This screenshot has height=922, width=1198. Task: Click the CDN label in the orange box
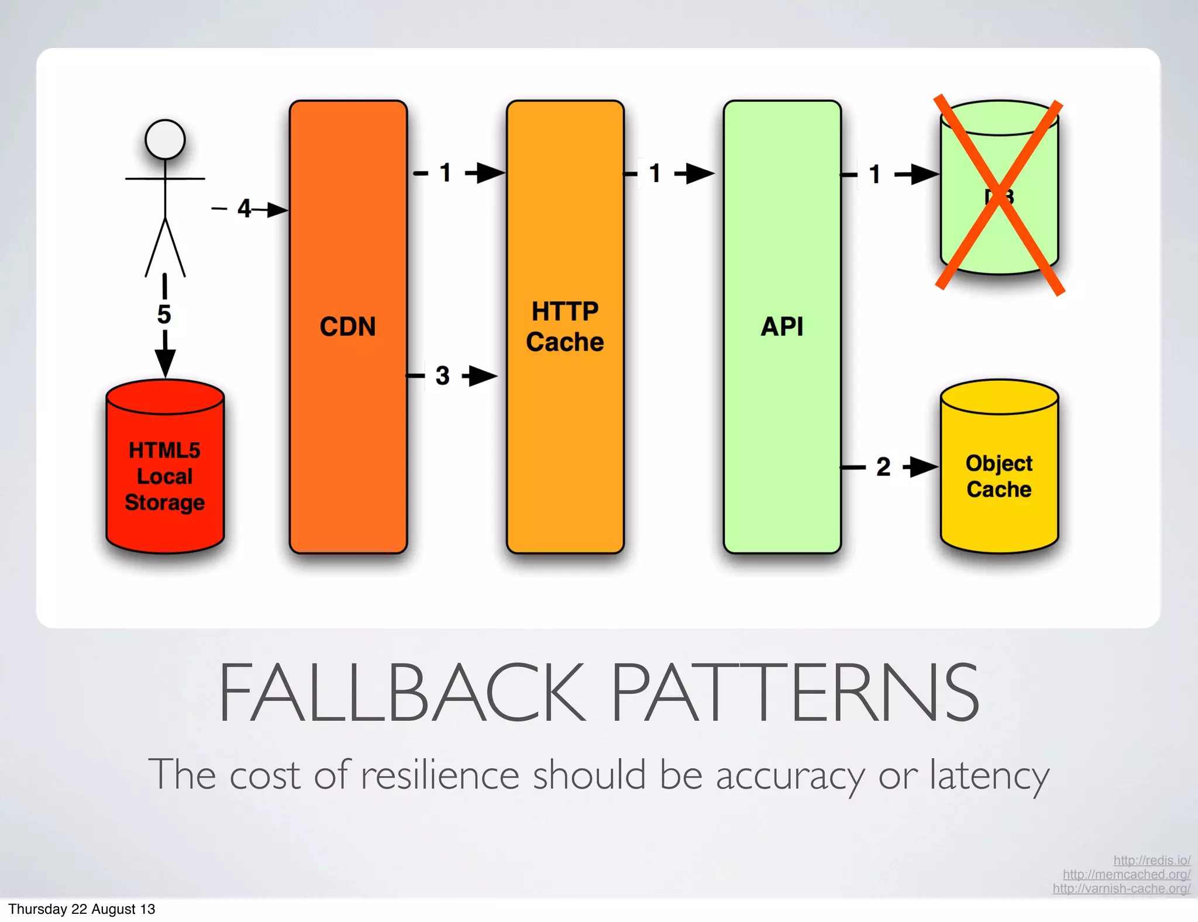pyautogui.click(x=347, y=326)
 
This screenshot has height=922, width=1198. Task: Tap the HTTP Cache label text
pyautogui.click(x=564, y=326)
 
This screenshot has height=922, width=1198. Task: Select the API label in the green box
pyautogui.click(x=782, y=326)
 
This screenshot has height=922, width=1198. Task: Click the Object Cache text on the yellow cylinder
pyautogui.click(x=999, y=476)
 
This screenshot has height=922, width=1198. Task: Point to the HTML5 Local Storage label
pyautogui.click(x=164, y=476)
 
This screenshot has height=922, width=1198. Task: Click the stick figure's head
pyautogui.click(x=165, y=140)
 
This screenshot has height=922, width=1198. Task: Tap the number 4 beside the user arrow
pyautogui.click(x=244, y=208)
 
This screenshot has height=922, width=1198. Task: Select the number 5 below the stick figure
pyautogui.click(x=164, y=314)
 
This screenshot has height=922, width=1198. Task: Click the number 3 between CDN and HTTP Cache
pyautogui.click(x=443, y=376)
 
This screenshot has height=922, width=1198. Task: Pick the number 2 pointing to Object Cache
pyautogui.click(x=883, y=467)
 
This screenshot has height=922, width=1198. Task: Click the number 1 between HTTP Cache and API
pyautogui.click(x=655, y=173)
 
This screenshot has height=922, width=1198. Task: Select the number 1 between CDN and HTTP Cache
pyautogui.click(x=446, y=173)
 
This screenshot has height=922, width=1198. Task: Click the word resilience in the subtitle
pyautogui.click(x=440, y=775)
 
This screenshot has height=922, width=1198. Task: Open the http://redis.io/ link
pyautogui.click(x=1151, y=860)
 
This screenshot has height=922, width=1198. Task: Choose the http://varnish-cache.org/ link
pyautogui.click(x=1121, y=888)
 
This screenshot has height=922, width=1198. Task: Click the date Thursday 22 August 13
pyautogui.click(x=82, y=909)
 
